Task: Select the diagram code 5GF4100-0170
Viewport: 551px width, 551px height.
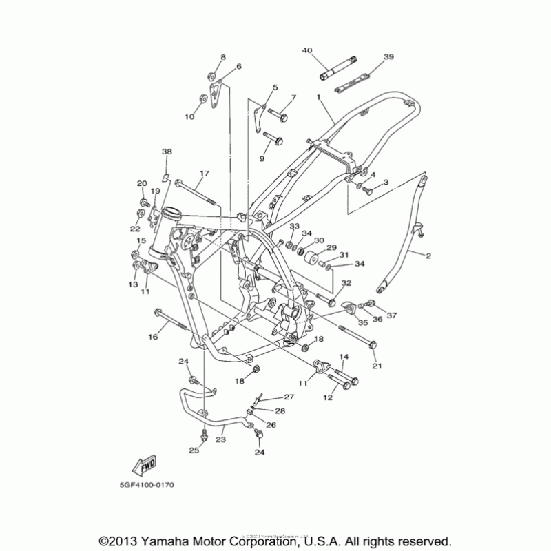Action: (147, 485)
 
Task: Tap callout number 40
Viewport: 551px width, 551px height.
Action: (307, 50)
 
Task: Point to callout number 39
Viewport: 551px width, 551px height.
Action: (389, 57)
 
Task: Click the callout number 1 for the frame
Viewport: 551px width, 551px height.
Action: (319, 98)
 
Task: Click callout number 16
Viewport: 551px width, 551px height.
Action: (153, 336)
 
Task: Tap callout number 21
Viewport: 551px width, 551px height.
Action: (376, 364)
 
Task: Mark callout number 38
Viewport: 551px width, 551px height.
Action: (166, 152)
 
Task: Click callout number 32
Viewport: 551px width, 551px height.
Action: (346, 283)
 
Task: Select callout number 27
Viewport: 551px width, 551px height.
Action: (289, 397)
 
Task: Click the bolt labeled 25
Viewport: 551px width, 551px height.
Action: (205, 435)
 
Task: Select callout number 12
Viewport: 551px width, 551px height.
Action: (328, 397)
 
